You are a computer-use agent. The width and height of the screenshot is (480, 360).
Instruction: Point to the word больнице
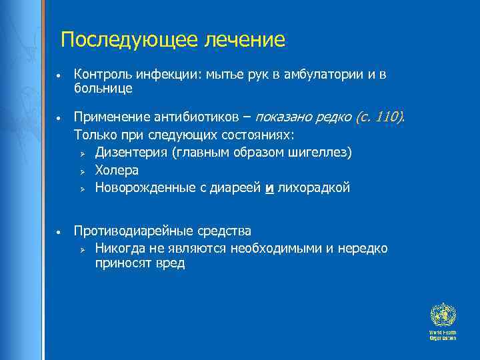103,87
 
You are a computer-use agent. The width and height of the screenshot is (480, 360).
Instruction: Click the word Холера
117,170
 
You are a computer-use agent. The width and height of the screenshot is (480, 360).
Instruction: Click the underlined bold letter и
270,188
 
